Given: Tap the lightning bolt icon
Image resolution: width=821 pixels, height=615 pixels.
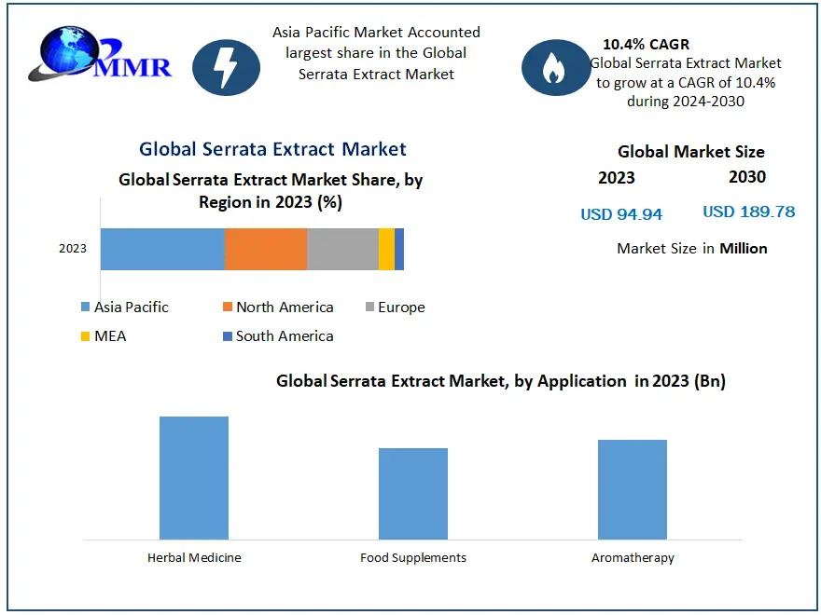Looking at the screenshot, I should click(x=226, y=67).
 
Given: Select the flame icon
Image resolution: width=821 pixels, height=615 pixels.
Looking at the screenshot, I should click(x=555, y=67).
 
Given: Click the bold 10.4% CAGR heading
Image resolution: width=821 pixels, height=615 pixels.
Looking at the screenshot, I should click(x=646, y=44).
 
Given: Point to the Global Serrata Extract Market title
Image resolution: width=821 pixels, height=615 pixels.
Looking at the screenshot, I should click(x=272, y=149).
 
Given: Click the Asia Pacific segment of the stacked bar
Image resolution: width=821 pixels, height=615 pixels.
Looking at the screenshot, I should click(x=162, y=249).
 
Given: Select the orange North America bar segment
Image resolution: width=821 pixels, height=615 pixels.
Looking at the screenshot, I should click(x=266, y=249).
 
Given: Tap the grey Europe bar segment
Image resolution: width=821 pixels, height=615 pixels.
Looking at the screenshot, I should click(x=342, y=249).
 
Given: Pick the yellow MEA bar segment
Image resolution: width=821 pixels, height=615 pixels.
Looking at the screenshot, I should click(x=386, y=249).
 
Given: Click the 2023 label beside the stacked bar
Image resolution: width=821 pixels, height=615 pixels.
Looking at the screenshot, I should click(x=73, y=249).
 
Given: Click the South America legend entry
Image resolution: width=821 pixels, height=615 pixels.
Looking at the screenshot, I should click(x=284, y=335).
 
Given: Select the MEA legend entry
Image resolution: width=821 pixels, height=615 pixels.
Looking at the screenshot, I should click(x=109, y=335).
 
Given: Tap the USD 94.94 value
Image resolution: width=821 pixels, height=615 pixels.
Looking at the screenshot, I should click(x=621, y=214).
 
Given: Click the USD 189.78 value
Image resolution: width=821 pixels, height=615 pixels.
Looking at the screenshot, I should click(x=748, y=212).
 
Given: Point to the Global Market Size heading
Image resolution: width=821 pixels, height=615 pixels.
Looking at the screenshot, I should click(x=690, y=152).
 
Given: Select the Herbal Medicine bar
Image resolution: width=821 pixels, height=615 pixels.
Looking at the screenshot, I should click(x=194, y=478).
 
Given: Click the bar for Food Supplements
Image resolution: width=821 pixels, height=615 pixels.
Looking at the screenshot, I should click(x=413, y=494).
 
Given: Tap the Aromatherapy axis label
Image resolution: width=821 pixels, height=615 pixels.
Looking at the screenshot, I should click(x=633, y=558).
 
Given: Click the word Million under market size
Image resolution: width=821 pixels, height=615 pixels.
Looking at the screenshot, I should click(x=744, y=248).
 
